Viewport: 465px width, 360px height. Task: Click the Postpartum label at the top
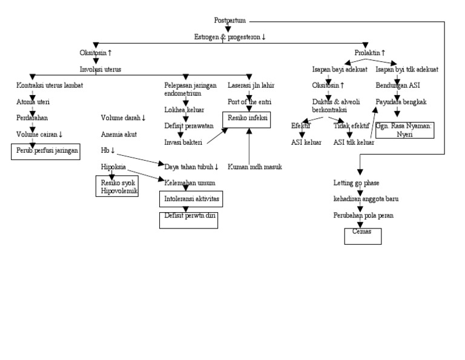(x=230, y=20)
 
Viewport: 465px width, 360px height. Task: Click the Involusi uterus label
(x=101, y=69)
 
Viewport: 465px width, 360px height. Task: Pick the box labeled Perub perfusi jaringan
(x=45, y=150)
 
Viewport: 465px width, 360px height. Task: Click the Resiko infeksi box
(x=247, y=118)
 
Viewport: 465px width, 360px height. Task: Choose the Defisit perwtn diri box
(x=188, y=216)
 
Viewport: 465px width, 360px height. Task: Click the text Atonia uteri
(x=34, y=102)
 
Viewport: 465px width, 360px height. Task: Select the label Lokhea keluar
(x=184, y=110)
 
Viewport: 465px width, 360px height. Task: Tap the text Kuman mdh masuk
(x=254, y=167)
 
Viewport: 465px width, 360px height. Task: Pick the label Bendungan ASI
(x=397, y=85)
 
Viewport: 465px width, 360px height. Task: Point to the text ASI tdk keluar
(x=354, y=142)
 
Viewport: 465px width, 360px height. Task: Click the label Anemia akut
(x=119, y=133)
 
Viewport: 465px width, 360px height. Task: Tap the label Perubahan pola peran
(x=363, y=215)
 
